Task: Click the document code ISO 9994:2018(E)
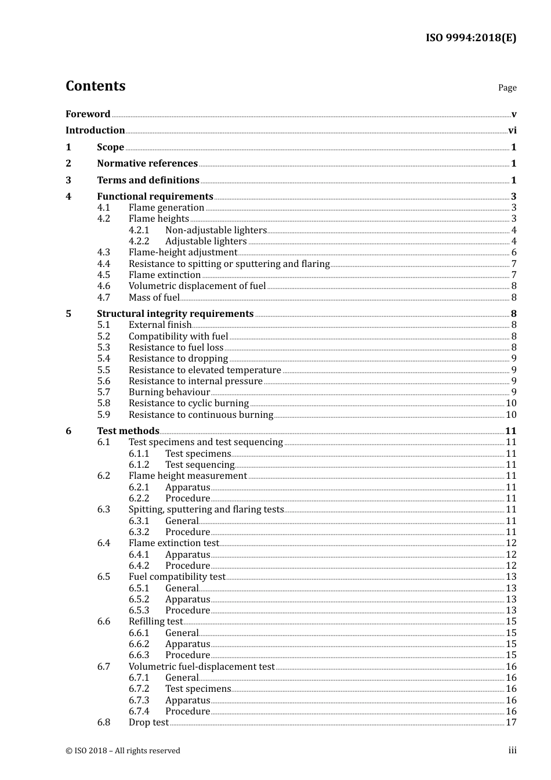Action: point(470,38)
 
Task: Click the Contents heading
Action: point(95,86)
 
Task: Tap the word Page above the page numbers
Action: point(507,88)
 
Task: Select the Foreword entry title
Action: point(88,114)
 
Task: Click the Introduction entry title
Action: point(95,131)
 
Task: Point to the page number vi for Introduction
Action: point(512,131)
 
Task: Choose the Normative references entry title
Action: point(147,164)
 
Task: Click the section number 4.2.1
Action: point(139,230)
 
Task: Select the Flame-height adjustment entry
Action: point(183,252)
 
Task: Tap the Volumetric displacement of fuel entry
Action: point(197,286)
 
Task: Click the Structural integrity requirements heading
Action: point(175,314)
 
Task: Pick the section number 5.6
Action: point(103,381)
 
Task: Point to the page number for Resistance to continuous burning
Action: point(511,415)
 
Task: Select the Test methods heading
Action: point(128,431)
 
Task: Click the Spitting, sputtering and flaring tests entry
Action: point(206,510)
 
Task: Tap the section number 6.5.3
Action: point(139,611)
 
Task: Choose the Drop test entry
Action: point(148,723)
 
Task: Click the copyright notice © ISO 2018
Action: point(122,751)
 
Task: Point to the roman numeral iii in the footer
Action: point(512,750)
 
